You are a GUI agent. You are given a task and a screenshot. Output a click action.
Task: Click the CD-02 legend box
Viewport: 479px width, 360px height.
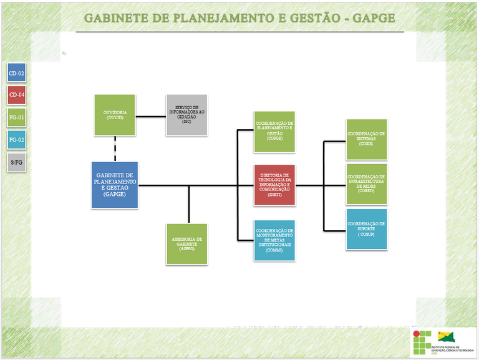pos(16,74)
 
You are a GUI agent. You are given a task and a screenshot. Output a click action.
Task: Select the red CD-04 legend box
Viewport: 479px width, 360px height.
pos(16,95)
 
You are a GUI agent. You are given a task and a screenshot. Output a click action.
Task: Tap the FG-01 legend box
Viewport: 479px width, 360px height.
pos(16,117)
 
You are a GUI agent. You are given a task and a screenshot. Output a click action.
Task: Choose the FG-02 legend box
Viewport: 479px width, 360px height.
pos(16,140)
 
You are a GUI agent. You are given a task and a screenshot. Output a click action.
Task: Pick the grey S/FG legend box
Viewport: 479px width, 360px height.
pos(16,162)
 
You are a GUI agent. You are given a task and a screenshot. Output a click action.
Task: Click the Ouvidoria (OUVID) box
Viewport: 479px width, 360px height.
pos(115,115)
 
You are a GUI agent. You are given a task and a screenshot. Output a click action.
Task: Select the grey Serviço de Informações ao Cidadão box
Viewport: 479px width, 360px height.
pos(186,115)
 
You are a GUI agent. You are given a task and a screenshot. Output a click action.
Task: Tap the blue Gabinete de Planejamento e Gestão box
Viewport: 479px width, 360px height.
pos(115,185)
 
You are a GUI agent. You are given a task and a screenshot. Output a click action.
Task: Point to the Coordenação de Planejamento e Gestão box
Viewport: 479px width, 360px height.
pos(274,132)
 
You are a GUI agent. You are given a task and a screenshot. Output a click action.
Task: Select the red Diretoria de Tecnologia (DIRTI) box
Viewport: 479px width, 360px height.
pos(274,185)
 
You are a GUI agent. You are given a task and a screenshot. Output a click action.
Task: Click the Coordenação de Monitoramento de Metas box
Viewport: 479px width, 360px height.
pos(274,240)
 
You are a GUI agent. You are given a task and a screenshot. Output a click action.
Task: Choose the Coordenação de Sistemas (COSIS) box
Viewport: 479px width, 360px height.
pos(366,140)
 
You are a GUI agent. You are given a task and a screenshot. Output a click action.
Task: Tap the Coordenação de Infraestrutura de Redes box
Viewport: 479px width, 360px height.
pos(366,184)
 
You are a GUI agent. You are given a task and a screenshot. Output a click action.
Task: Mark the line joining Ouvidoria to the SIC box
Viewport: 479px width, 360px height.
pos(150,115)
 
